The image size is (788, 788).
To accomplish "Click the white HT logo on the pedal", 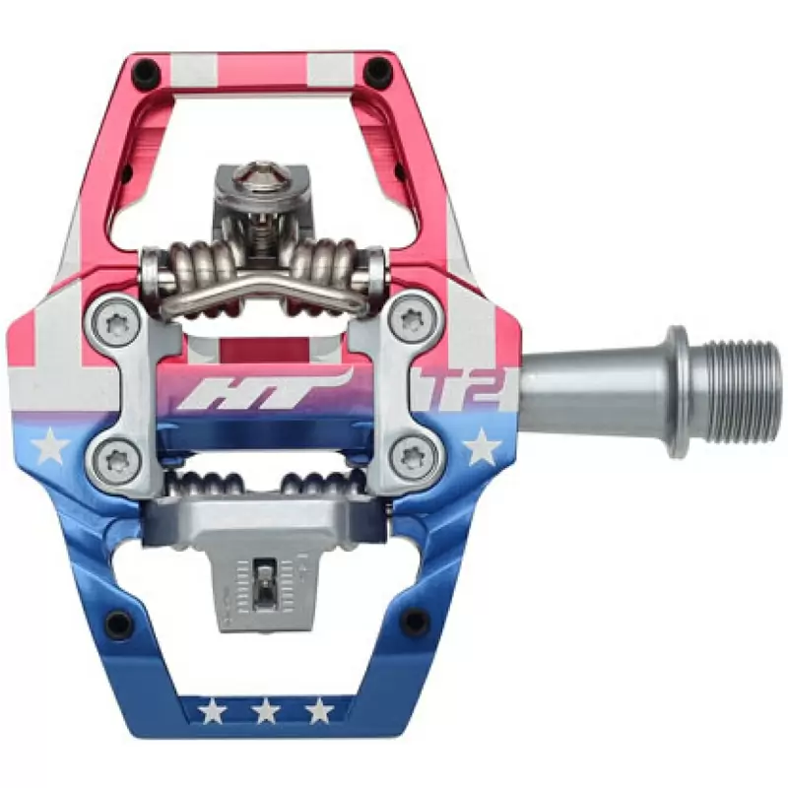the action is (x=264, y=388).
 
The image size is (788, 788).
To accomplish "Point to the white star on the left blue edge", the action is (x=50, y=445).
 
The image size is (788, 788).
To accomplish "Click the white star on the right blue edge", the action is (x=482, y=446).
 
